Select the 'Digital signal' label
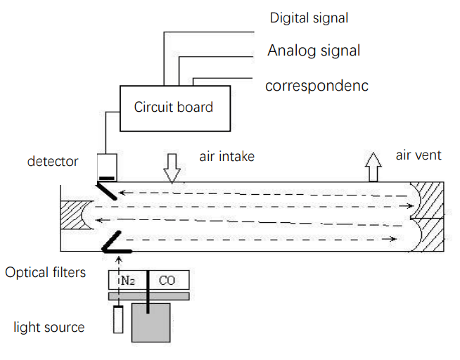pos(309,18)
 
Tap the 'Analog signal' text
pos(314,51)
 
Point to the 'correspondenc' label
pos(317,86)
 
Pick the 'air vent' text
pos(419,155)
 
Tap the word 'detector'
pos(53,161)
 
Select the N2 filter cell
pos(128,281)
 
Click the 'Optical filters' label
pos(46,272)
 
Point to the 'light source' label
pos(49,327)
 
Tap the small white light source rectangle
pos(118,321)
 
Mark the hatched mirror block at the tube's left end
pos(73,214)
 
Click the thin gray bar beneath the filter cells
pos(148,297)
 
